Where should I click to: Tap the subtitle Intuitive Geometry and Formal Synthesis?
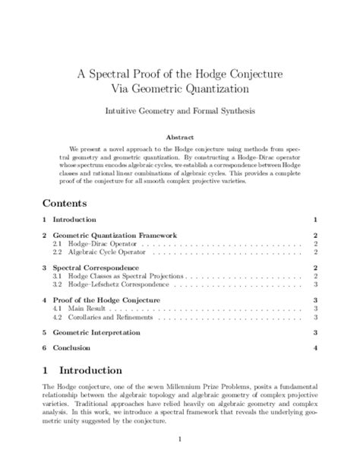click(179, 111)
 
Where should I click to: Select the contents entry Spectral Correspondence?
click(95, 268)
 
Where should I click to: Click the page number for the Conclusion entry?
click(314, 347)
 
